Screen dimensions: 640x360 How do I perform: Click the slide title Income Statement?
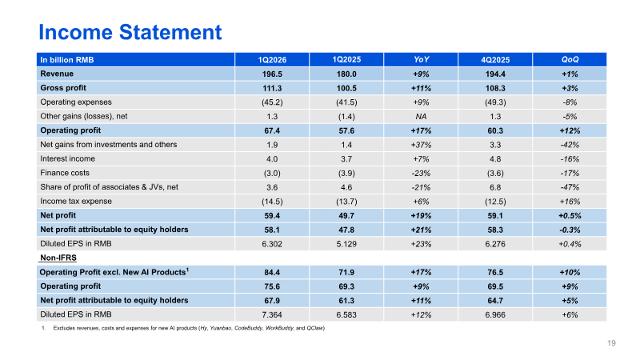[x=130, y=32]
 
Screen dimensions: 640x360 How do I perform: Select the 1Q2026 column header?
[x=272, y=59]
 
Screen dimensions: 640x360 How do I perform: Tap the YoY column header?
[x=421, y=59]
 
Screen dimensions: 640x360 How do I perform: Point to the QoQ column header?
[x=570, y=59]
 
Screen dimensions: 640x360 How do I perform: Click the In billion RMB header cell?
[x=67, y=60]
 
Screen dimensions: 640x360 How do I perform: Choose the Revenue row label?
[x=57, y=74]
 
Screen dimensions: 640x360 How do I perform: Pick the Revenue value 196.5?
[x=272, y=74]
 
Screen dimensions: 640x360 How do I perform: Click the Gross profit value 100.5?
[x=346, y=88]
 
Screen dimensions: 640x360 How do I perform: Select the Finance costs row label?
[x=65, y=173]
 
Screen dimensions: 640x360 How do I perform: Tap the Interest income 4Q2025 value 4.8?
[x=495, y=158]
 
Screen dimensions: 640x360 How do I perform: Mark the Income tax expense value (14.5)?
[x=272, y=202]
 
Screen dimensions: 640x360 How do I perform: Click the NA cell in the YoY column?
[x=421, y=116]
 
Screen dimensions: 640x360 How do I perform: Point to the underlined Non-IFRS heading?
[x=58, y=258]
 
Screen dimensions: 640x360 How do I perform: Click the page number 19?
[x=611, y=343]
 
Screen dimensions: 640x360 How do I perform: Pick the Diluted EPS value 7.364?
[x=272, y=314]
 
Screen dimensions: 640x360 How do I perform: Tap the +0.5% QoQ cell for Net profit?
[x=570, y=215]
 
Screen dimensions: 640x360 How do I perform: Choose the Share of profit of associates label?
[x=109, y=187]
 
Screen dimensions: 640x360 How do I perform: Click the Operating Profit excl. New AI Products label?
[x=114, y=272]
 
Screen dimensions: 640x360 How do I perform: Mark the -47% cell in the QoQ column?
[x=570, y=187]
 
